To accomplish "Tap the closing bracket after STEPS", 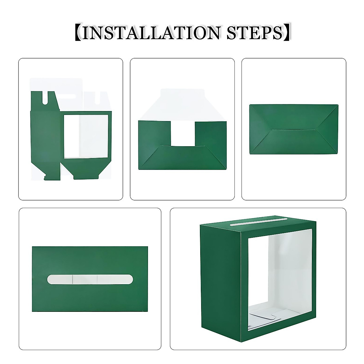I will [286, 32].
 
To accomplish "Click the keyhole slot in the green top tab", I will [46, 98].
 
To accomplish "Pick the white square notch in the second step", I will [182, 133].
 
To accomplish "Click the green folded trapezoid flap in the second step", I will [182, 158].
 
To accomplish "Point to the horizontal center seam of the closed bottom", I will [293, 130].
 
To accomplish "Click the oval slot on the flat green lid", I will [90, 279].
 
